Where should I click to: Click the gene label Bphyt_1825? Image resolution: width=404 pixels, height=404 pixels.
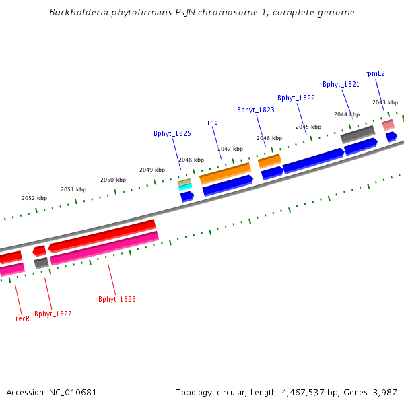tap(172, 133)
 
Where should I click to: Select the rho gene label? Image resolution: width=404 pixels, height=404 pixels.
tap(213, 122)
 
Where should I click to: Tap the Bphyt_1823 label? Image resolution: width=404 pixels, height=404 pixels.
tap(256, 110)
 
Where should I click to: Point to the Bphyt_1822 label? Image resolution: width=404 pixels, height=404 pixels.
tap(296, 98)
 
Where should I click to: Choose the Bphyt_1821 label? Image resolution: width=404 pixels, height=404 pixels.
tap(341, 84)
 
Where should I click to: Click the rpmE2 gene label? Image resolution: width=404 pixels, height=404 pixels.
tap(375, 73)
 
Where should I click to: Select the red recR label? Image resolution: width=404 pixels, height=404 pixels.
tap(22, 318)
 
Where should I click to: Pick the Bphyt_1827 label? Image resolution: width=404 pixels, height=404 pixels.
tap(53, 314)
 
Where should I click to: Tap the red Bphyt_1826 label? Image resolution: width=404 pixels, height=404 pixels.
tap(117, 299)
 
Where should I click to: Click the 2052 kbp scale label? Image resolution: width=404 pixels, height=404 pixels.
tap(34, 198)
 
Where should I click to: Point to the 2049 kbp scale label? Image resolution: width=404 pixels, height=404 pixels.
tap(151, 170)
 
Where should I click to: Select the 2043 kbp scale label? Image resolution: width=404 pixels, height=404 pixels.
tap(384, 102)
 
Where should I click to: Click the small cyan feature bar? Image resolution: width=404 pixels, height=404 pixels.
tap(185, 187)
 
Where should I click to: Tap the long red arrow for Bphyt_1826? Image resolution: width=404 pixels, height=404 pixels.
tap(102, 235)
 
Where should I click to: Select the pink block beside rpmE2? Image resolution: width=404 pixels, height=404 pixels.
tap(388, 125)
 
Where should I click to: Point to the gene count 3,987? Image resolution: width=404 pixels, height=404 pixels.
tap(384, 392)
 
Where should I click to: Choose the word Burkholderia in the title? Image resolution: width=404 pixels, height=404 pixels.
tap(77, 13)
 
